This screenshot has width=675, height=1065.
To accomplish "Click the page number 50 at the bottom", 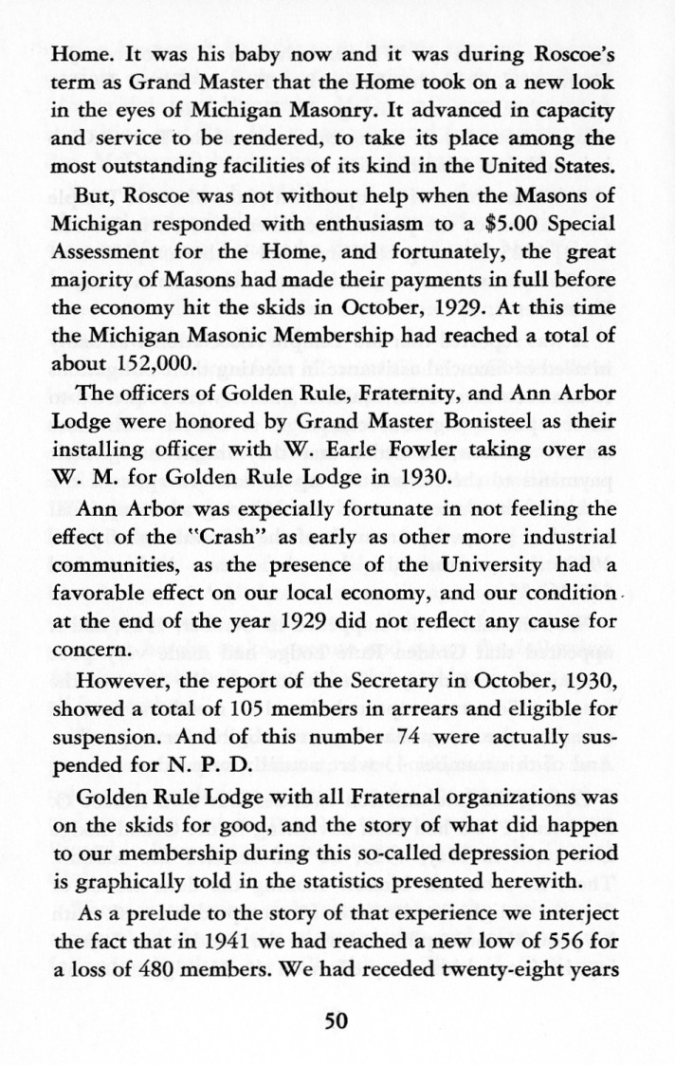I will click(337, 1020).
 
